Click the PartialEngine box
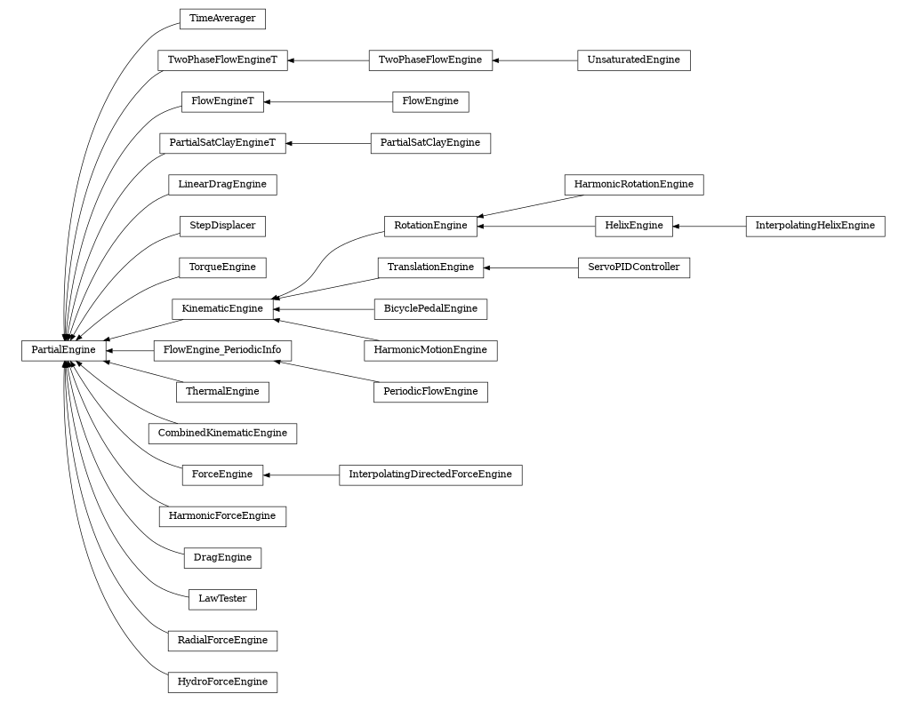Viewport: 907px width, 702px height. coord(63,350)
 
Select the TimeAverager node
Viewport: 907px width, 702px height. coord(222,19)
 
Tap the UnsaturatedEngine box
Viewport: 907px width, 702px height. coord(633,60)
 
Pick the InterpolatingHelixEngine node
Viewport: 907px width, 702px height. coord(815,226)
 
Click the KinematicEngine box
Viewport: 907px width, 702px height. coord(222,309)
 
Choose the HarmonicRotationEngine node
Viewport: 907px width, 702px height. coord(633,185)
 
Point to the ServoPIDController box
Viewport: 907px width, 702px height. coord(633,267)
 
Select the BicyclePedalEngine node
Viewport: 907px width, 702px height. coord(430,309)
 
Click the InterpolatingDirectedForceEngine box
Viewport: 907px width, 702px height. coord(430,475)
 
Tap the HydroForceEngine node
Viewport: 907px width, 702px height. coord(222,682)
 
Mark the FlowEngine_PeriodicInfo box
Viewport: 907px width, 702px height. coord(222,350)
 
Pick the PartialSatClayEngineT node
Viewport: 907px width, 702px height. coord(222,143)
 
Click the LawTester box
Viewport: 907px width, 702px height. coord(222,599)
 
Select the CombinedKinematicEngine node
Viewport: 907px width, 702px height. coord(222,434)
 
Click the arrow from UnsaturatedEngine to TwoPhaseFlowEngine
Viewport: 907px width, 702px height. coord(534,60)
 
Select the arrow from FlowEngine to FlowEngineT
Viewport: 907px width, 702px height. coord(328,102)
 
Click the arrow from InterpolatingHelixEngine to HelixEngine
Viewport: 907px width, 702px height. coord(710,226)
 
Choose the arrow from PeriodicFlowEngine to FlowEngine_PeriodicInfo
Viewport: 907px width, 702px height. coord(324,371)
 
